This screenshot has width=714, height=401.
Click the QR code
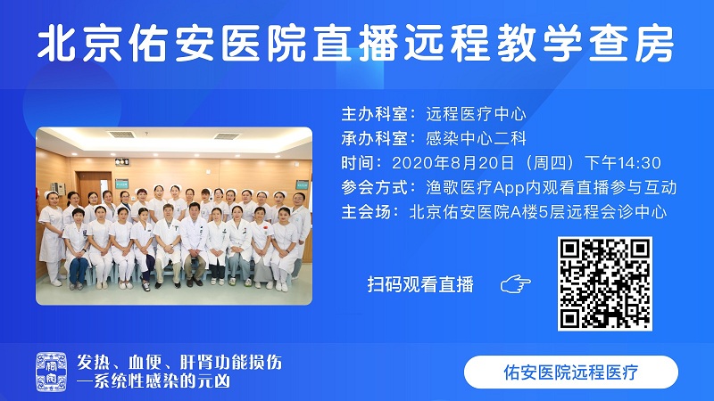(x=605, y=283)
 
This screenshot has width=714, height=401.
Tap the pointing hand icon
(x=516, y=284)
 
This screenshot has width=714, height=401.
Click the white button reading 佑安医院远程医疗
(x=571, y=372)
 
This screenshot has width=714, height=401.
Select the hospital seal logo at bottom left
(x=51, y=372)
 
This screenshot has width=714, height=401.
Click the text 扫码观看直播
(x=420, y=284)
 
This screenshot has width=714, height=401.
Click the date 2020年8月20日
(x=453, y=163)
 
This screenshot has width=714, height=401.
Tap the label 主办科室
(x=374, y=114)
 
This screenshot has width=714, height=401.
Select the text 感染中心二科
(x=477, y=138)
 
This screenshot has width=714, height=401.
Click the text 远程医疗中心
(x=477, y=114)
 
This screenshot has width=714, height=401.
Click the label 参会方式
(x=374, y=187)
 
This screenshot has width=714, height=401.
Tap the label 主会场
(x=366, y=212)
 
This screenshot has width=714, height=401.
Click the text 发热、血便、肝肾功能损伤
(x=179, y=363)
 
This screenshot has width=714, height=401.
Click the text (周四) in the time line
(x=550, y=163)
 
